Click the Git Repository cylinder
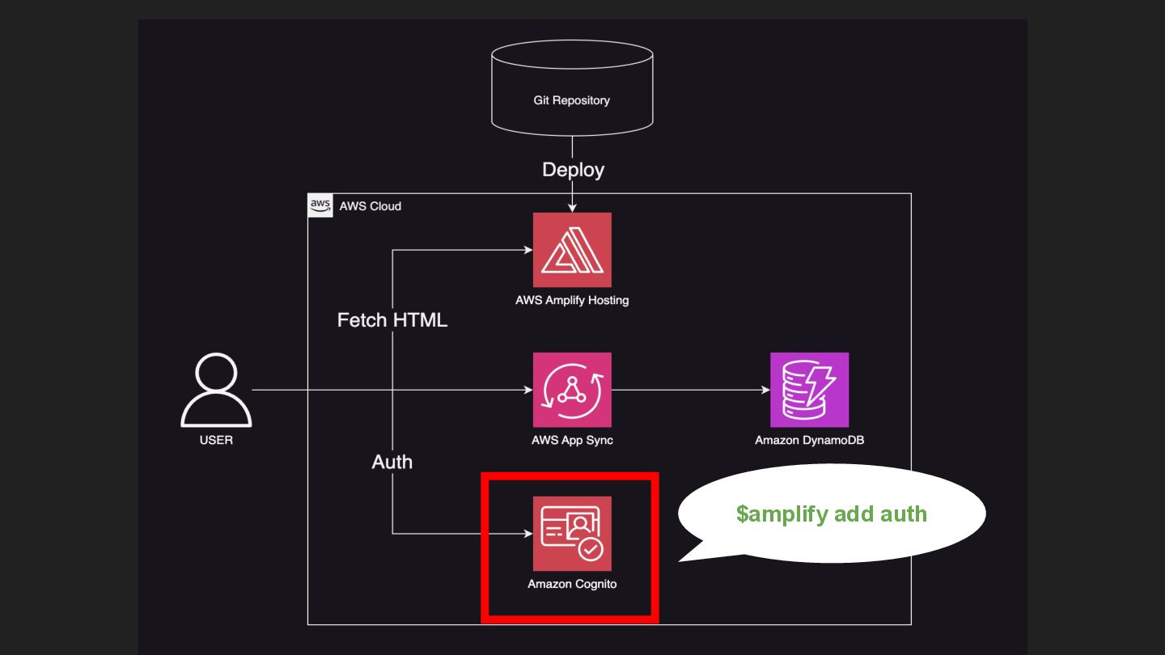click(x=572, y=88)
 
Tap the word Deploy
click(x=573, y=170)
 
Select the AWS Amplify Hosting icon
click(x=572, y=250)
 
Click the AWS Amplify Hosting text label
click(x=572, y=300)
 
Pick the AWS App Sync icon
click(x=572, y=390)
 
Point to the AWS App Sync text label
click(x=572, y=440)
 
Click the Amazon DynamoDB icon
click(x=809, y=390)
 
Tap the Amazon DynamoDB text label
click(x=809, y=440)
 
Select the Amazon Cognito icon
click(x=572, y=534)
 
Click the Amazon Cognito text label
click(x=572, y=584)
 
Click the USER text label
click(x=216, y=440)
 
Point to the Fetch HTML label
click(x=392, y=320)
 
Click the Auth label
click(x=392, y=462)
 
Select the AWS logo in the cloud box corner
click(x=320, y=205)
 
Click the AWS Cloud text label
click(x=371, y=206)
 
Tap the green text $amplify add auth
click(x=831, y=513)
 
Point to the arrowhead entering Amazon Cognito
click(x=527, y=534)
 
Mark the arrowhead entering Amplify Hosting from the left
click(x=527, y=250)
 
